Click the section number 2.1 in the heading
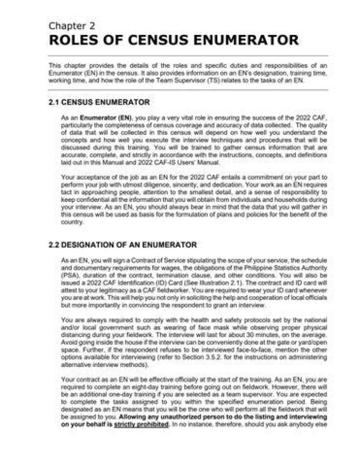(x=54, y=102)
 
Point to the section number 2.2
(x=54, y=245)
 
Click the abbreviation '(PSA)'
(x=69, y=274)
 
